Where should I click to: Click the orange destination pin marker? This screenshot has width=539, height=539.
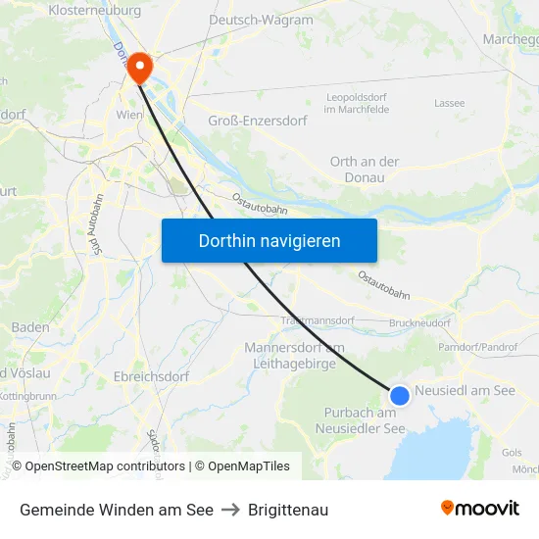140,67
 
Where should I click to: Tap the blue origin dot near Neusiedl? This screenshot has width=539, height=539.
400,395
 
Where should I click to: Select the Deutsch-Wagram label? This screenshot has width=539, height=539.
261,20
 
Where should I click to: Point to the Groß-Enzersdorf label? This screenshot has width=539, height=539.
258,121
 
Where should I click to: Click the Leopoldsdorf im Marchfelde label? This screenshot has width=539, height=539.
357,104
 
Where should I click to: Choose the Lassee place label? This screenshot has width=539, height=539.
449,103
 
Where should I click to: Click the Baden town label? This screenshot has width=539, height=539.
30,327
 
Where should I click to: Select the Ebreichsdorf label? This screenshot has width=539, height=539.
151,375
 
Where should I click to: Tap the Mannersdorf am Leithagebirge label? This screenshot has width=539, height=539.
294,356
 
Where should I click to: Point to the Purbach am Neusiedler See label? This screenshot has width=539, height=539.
365,420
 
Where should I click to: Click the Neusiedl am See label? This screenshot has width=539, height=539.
465,390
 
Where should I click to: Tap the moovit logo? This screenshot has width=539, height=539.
479,509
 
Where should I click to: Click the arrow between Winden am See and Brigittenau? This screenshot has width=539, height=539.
230,510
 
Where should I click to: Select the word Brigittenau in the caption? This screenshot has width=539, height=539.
288,510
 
